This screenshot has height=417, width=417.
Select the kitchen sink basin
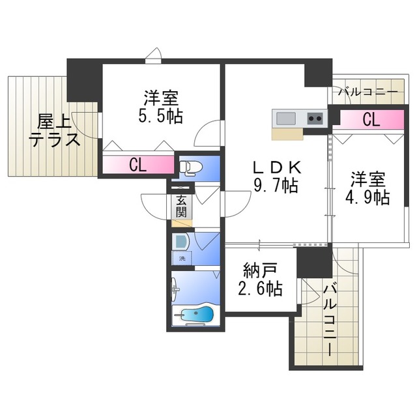[287, 119]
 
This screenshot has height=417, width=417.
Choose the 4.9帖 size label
[369, 197]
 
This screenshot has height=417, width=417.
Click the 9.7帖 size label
[276, 186]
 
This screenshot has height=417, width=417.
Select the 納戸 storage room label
[260, 268]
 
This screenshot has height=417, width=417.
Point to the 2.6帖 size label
[261, 287]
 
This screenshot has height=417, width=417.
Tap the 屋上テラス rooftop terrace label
[54, 130]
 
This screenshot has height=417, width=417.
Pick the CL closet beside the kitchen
[370, 119]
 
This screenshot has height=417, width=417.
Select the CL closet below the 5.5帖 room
[137, 165]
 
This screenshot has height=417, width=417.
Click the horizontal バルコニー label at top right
[368, 93]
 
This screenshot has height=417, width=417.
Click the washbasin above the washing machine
[182, 240]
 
